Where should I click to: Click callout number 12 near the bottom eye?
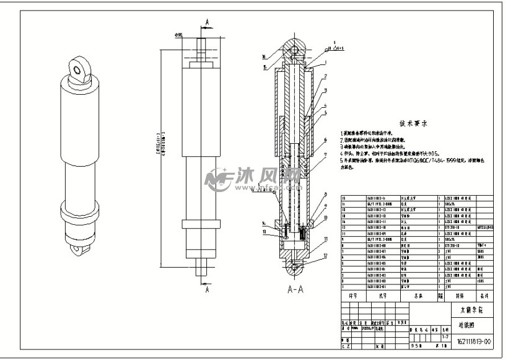point(324,256)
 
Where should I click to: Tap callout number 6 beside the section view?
point(324,141)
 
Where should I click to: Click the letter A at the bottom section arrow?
point(206,289)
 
